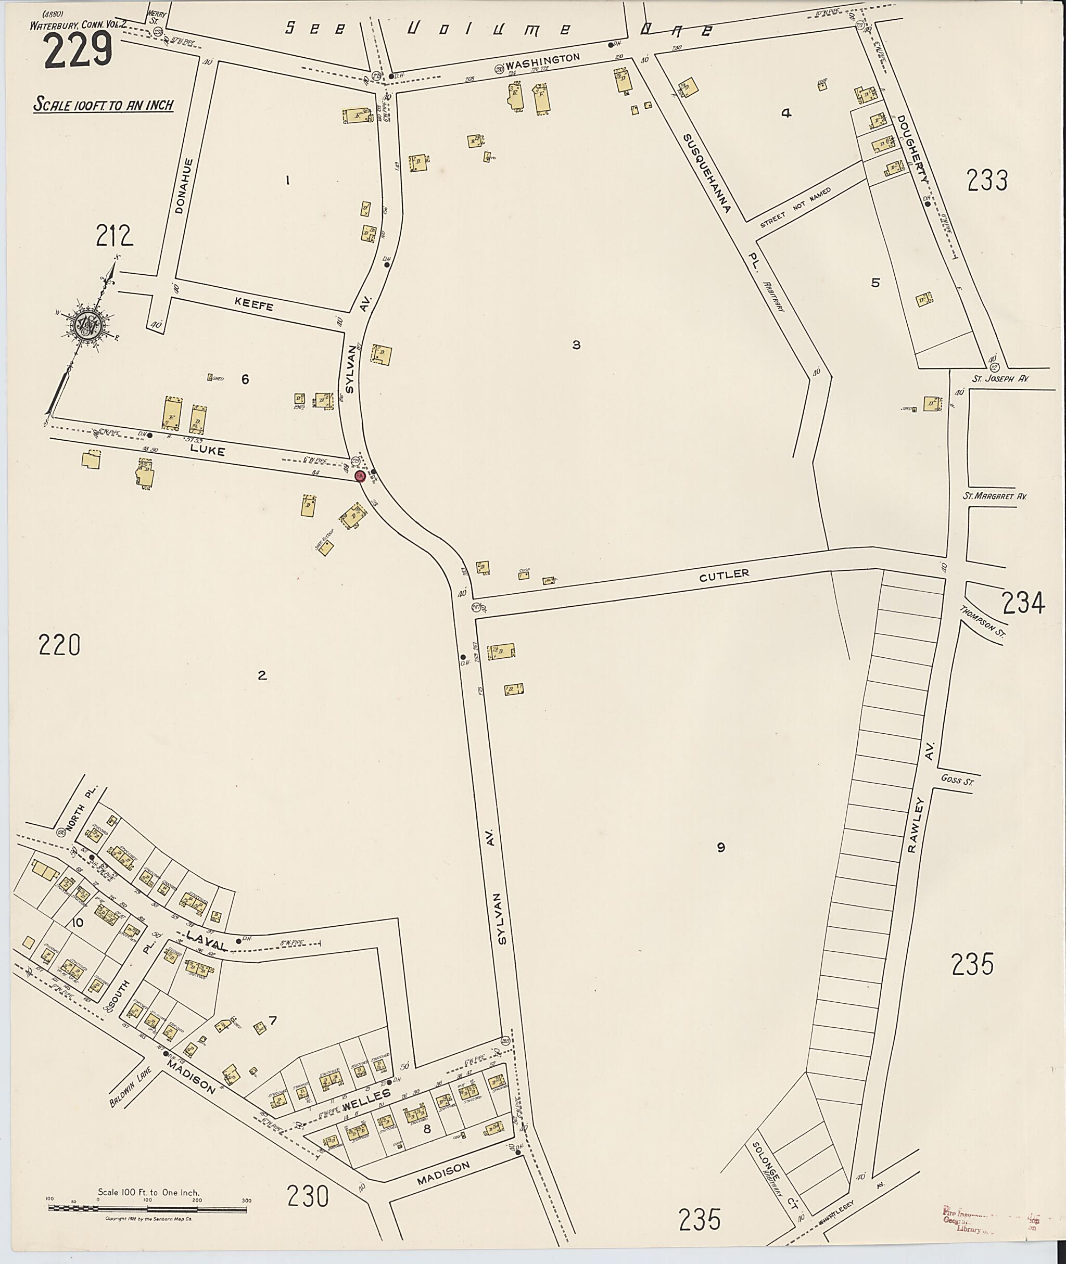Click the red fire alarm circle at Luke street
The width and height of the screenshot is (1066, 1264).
coord(360,477)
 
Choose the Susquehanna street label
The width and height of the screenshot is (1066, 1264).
coord(707,173)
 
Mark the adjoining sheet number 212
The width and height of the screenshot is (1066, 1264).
coord(114,236)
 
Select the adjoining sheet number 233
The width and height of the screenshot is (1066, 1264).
coord(987,180)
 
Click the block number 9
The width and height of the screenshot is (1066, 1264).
coord(720,848)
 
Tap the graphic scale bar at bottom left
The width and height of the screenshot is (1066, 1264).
coord(148,1208)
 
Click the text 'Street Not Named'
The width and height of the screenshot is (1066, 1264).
coord(796,207)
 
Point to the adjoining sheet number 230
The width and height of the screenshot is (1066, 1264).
coord(308,1196)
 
